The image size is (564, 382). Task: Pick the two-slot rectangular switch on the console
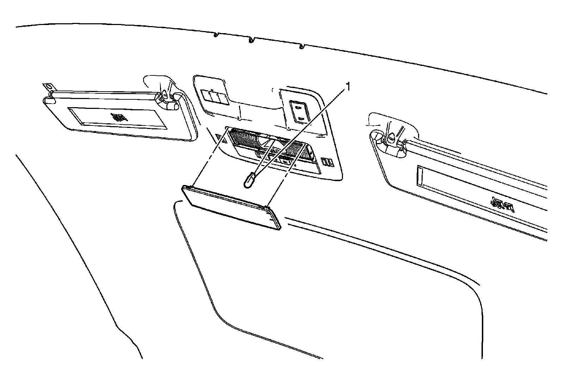coord(298,112)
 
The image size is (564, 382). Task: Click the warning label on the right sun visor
coord(502,203)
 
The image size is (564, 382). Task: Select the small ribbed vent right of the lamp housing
coord(328,162)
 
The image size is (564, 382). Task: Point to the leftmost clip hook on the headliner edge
coord(216,34)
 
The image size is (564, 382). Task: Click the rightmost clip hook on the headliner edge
coord(302,46)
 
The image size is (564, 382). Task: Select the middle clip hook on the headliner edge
coord(251,40)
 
